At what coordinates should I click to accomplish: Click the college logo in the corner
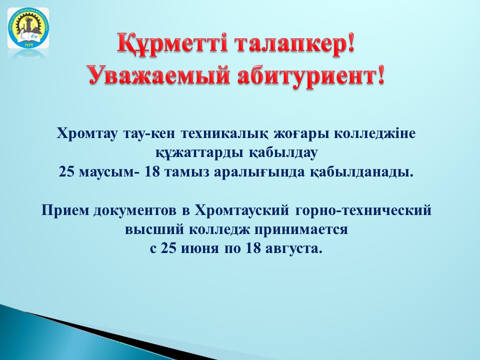[x=28, y=28]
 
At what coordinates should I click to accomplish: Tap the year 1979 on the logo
[x=28, y=44]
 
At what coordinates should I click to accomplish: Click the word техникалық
[x=225, y=134]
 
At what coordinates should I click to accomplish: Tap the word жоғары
[x=300, y=134]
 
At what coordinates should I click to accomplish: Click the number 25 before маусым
[x=66, y=171]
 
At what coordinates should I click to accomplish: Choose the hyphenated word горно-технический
[x=363, y=211]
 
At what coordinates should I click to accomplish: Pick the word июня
[x=200, y=248]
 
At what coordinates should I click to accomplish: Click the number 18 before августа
[x=253, y=248]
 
